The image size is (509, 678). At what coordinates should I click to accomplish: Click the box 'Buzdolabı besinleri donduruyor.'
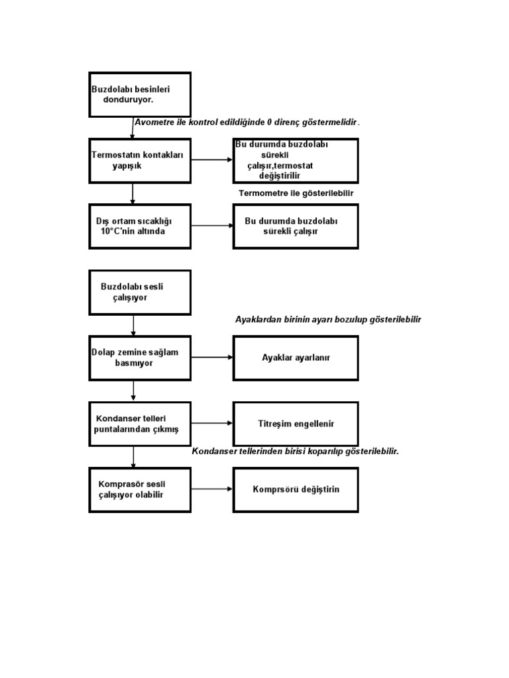(x=140, y=95)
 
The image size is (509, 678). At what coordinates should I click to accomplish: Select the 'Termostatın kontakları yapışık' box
(x=140, y=161)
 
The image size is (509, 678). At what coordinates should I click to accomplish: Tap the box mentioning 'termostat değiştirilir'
(x=296, y=161)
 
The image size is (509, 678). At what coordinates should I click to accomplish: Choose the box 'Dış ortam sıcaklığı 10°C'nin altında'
(x=140, y=226)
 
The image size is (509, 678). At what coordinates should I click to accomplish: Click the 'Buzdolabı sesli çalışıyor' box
(x=140, y=293)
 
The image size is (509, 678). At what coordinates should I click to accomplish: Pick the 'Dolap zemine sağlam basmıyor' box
(x=140, y=358)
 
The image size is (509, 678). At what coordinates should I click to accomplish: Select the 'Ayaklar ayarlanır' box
(x=296, y=358)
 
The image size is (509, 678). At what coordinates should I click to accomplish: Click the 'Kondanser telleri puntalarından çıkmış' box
(x=140, y=424)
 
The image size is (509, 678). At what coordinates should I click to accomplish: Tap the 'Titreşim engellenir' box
(x=296, y=424)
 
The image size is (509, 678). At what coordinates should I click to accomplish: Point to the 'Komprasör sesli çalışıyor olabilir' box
(x=140, y=490)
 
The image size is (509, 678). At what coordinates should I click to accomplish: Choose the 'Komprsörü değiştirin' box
(x=296, y=490)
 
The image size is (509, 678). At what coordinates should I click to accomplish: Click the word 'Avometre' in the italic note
(x=154, y=122)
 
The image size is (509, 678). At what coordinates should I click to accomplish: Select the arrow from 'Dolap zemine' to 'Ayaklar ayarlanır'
(x=212, y=358)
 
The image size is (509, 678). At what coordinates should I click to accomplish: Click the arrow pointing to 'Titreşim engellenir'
(x=212, y=423)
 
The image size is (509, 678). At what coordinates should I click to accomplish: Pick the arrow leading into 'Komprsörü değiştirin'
(x=212, y=489)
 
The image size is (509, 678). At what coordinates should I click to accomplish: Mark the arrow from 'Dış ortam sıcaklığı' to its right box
(x=212, y=226)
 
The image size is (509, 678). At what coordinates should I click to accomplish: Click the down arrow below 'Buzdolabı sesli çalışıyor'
(x=133, y=326)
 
